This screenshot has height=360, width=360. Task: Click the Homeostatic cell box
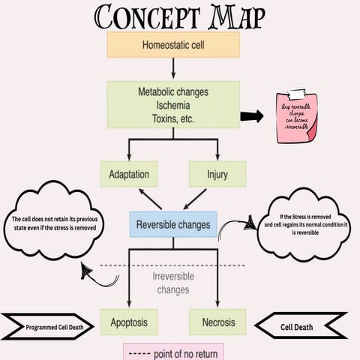(173, 44)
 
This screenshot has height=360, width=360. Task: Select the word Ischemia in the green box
(173, 105)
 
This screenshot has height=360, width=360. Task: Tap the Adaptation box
(129, 175)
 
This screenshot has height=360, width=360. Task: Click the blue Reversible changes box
(173, 223)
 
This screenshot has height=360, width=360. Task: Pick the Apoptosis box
(129, 322)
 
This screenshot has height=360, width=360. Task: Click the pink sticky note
(298, 115)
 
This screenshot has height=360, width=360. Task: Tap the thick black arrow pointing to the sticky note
(252, 115)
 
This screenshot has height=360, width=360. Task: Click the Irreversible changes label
(173, 283)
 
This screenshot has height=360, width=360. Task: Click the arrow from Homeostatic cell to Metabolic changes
(173, 70)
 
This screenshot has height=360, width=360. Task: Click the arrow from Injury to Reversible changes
(194, 199)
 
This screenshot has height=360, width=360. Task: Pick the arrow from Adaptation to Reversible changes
(151, 199)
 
